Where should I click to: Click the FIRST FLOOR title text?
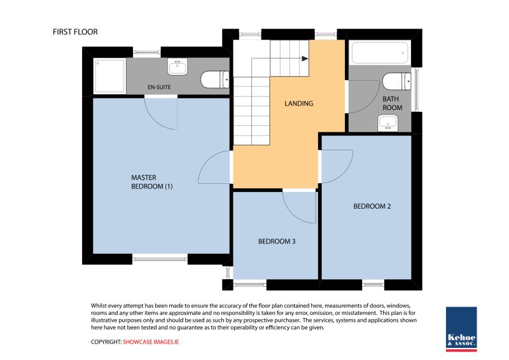tap(75, 32)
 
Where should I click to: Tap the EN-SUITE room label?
tap(159, 87)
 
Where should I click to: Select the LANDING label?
tap(298, 103)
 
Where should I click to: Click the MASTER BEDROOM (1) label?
tap(152, 182)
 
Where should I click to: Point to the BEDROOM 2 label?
tap(372, 206)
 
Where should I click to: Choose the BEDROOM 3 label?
tap(276, 242)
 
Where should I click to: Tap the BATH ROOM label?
tap(392, 103)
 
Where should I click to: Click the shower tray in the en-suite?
tap(110, 74)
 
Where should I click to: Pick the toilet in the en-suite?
tap(214, 80)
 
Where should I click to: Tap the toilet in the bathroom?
tap(396, 81)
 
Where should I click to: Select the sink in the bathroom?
tap(387, 125)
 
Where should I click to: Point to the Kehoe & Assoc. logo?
tap(461, 328)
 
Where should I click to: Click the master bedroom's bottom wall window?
tap(160, 258)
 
